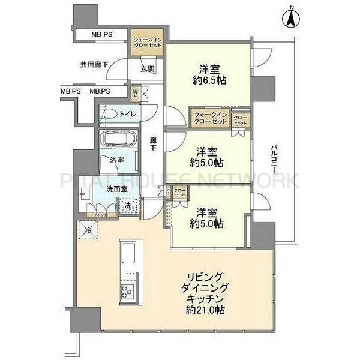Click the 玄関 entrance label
148,68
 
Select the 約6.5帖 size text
208,80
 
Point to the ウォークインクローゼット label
210,118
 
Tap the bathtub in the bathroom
119,139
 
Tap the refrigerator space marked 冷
88,229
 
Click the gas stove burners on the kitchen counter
127,292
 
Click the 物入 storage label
136,93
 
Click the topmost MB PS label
103,35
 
